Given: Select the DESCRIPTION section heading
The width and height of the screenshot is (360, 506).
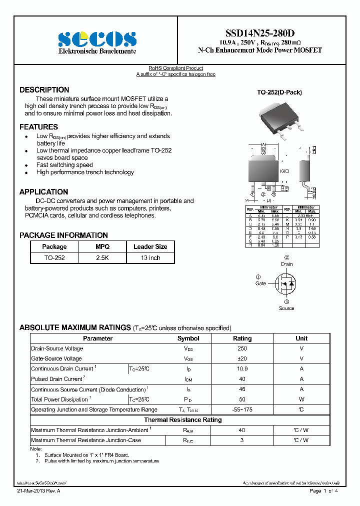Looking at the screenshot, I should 44,90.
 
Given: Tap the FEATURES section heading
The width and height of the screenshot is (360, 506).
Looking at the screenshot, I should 38,127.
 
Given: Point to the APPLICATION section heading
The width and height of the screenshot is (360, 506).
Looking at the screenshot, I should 43,192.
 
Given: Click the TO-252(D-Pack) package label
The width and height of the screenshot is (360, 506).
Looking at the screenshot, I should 279,92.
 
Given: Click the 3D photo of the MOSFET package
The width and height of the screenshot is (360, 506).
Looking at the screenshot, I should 280,119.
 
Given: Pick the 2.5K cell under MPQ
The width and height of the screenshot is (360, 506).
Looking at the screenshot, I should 102,258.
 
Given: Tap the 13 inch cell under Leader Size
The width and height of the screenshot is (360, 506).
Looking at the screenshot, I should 150,258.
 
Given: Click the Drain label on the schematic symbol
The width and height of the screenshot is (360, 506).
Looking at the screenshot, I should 286,264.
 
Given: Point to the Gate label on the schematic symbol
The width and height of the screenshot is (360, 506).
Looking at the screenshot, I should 260,283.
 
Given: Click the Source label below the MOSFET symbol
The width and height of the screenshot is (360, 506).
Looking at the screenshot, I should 286,308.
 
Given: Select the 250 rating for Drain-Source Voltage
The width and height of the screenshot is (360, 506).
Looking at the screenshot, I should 242,348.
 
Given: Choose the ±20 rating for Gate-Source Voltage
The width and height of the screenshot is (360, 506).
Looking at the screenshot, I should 242,358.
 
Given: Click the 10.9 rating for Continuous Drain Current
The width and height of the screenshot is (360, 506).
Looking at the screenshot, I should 242,369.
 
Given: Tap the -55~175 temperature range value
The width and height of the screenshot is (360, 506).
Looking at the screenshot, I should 242,409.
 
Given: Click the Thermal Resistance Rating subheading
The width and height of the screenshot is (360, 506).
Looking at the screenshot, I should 182,420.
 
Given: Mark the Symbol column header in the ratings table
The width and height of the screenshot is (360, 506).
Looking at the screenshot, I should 188,338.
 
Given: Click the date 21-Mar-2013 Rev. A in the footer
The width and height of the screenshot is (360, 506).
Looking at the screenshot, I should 38,491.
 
